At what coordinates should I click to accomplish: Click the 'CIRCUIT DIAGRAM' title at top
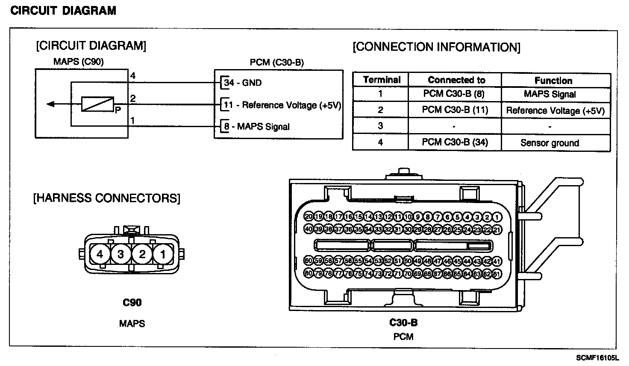click(63, 11)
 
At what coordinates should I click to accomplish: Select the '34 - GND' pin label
click(243, 83)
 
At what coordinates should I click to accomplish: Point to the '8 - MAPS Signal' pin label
click(257, 127)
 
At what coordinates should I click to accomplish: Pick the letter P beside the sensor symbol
click(118, 110)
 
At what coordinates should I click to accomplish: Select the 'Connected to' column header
click(456, 80)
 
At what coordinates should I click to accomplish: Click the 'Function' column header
click(553, 81)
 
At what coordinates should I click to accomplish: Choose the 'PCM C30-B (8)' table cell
click(453, 94)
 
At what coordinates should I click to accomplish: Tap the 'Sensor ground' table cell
click(550, 143)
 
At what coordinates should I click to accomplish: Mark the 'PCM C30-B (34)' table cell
click(455, 142)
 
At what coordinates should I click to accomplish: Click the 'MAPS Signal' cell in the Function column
click(550, 94)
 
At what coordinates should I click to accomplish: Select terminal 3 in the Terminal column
click(380, 126)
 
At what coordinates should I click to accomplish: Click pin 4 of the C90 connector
click(100, 255)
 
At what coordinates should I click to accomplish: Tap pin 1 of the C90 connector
click(163, 255)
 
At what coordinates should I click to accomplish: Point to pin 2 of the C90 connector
click(142, 255)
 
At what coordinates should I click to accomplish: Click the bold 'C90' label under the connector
click(132, 303)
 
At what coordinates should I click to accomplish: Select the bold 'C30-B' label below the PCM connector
click(403, 322)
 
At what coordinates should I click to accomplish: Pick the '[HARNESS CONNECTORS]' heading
click(107, 198)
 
